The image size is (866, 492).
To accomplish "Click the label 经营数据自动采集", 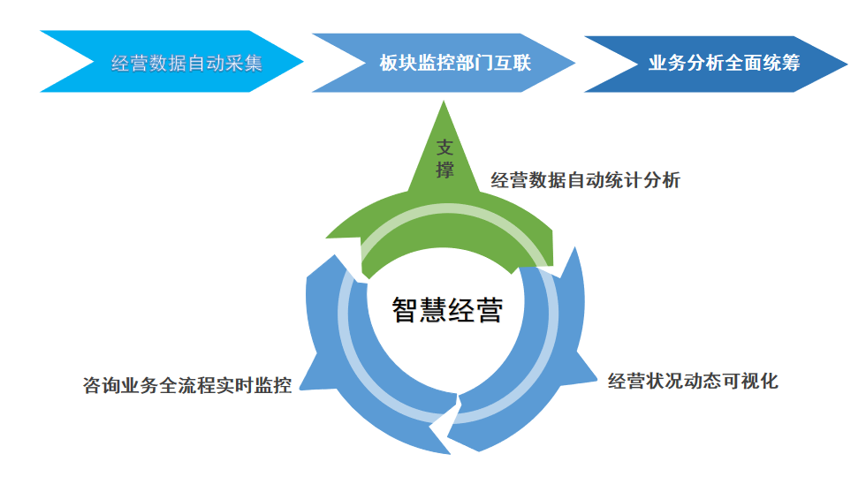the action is click(186, 64).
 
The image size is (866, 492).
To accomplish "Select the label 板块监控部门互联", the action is click(455, 63).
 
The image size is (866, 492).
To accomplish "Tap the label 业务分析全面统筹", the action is click(724, 63).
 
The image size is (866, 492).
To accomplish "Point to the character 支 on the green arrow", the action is click(444, 148).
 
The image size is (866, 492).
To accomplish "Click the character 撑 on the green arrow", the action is click(444, 170).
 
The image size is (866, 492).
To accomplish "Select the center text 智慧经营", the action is click(447, 310).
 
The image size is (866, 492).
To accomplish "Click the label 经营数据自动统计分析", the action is click(585, 180).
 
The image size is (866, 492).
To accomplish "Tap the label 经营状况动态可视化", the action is click(693, 381).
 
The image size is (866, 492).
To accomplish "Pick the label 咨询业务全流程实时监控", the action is click(187, 385).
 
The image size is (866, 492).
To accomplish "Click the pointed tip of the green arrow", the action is click(444, 102).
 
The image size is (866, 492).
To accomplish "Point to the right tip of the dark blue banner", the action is click(847, 64).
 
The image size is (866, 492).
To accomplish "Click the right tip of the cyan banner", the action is click(302, 61).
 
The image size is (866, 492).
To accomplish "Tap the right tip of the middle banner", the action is click(574, 63).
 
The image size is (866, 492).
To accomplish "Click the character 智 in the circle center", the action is click(406, 310).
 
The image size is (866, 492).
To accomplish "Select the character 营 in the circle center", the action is click(490, 310).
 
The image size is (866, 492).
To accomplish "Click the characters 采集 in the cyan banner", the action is click(244, 64).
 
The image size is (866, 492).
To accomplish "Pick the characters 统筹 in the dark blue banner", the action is click(781, 63).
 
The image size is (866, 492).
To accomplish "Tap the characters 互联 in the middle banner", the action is click(512, 63).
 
